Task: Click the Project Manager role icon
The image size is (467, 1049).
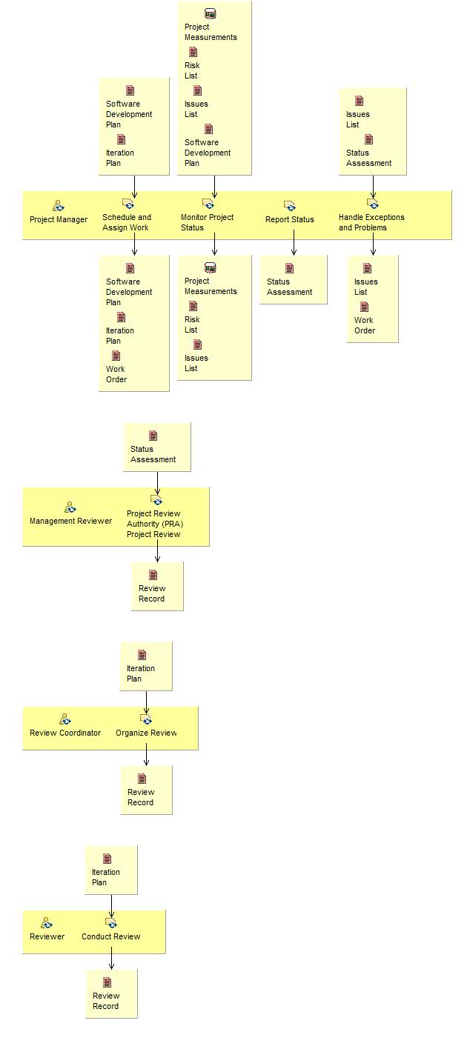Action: pos(59,205)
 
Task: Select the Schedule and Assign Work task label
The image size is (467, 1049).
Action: pos(127,222)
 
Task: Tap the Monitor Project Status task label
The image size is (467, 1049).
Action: pos(207,222)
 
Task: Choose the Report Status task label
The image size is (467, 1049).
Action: pos(290,219)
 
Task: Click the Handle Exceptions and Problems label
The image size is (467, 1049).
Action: pos(371,222)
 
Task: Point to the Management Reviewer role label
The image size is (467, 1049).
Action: pos(70,521)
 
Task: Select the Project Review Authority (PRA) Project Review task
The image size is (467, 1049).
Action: pos(153,524)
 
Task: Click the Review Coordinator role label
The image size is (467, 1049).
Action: pos(65,733)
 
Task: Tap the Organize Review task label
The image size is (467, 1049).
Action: pos(146,733)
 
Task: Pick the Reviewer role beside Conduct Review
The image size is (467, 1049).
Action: pos(47,936)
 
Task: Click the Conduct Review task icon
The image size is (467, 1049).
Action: pos(111,923)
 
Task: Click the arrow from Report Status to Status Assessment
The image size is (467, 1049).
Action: pos(294,243)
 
